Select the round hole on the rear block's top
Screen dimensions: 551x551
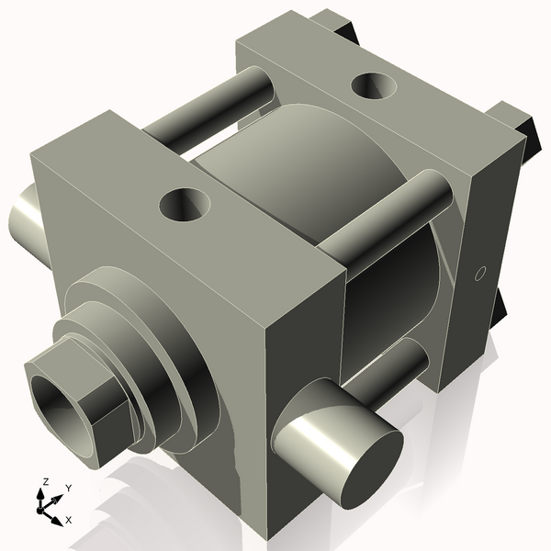pyautogui.click(x=375, y=86)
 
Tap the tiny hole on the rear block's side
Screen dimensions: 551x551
pyautogui.click(x=478, y=273)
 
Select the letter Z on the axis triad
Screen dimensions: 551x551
pyautogui.click(x=44, y=481)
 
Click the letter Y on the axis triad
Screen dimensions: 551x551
pyautogui.click(x=69, y=488)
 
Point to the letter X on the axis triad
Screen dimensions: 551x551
pyautogui.click(x=70, y=520)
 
